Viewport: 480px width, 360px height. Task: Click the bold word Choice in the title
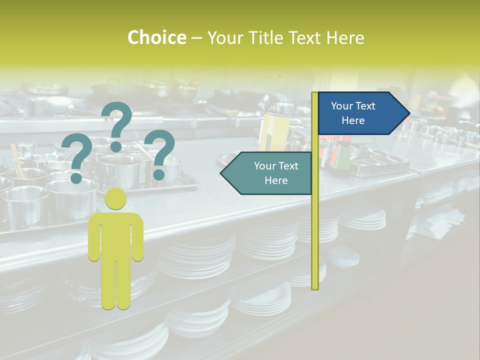(156, 37)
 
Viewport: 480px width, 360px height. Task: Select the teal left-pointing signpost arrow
(267, 173)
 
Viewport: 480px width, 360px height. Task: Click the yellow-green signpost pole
(315, 225)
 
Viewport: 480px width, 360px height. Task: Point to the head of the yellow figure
(115, 198)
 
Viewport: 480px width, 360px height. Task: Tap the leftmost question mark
(76, 155)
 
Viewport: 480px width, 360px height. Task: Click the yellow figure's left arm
(94, 240)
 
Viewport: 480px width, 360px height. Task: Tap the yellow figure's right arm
(137, 240)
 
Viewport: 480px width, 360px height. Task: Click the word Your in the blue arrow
(342, 106)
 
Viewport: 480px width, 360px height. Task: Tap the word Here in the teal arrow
(276, 180)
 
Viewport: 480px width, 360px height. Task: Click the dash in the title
(196, 38)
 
